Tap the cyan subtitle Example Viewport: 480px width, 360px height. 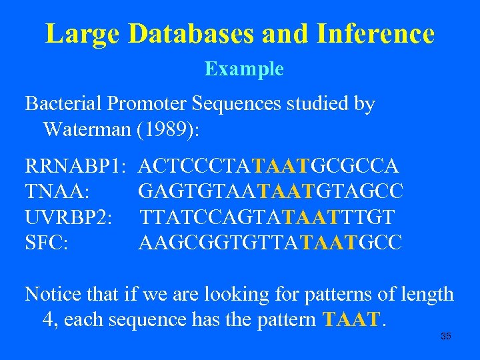click(244, 69)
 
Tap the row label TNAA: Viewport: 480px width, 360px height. click(58, 191)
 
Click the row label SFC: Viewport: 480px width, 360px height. click(46, 242)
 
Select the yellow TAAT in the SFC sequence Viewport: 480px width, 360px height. click(329, 242)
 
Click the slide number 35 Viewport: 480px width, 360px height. click(446, 336)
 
